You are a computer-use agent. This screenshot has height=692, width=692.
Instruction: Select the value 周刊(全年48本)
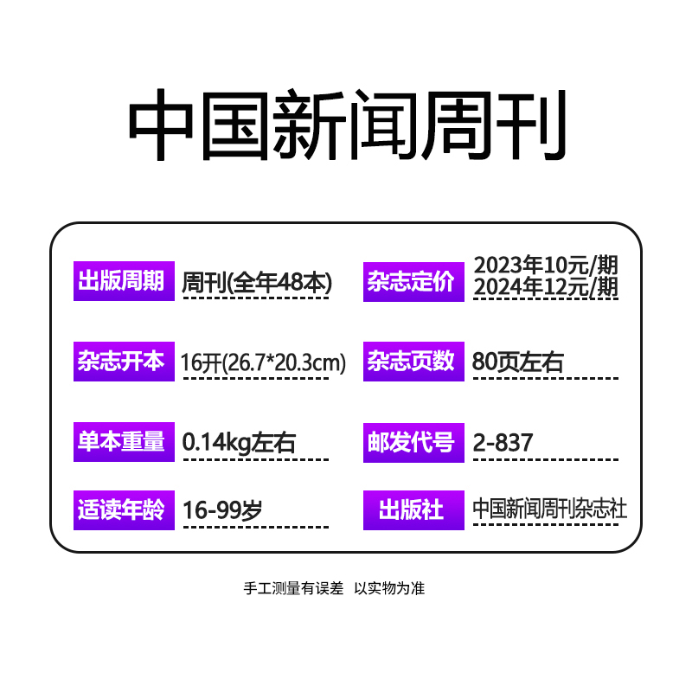point(257,282)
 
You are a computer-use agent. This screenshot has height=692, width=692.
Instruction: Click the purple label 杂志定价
point(411,282)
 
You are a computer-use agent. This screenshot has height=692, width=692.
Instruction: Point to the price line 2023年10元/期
point(547,265)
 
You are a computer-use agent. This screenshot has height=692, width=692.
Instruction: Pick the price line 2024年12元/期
point(547,287)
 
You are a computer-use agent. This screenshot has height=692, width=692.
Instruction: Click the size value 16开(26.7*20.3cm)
point(264,362)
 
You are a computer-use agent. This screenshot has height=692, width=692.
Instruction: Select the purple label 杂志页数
point(411,361)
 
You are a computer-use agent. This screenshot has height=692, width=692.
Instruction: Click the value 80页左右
point(518,362)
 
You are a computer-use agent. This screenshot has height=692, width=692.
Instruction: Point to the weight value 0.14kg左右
point(239,443)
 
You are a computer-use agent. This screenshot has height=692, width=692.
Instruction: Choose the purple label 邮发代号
point(411,442)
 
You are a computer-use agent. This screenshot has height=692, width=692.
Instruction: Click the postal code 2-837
point(503,443)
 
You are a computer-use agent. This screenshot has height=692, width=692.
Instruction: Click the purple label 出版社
point(411,509)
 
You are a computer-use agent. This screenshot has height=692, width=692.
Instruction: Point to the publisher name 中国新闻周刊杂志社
point(550,509)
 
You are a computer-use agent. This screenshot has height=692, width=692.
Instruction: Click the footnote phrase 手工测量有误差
point(293,588)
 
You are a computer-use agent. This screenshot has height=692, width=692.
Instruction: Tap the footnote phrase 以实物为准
point(389,588)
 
